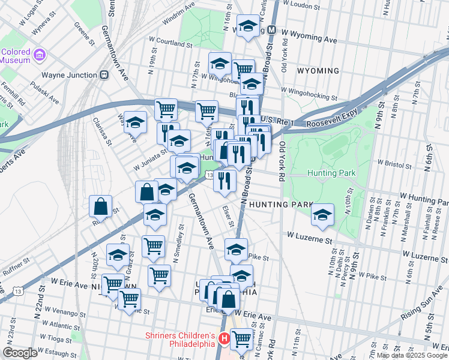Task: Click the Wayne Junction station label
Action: pyautogui.click(x=69, y=75)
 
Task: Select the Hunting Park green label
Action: pyautogui.click(x=331, y=173)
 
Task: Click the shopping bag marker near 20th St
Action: pyautogui.click(x=101, y=206)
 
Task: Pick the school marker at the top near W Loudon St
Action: pyautogui.click(x=248, y=26)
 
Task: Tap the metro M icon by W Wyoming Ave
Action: pyautogui.click(x=272, y=29)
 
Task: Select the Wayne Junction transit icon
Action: pyautogui.click(x=104, y=75)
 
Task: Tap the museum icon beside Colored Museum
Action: pyautogui.click(x=40, y=55)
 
